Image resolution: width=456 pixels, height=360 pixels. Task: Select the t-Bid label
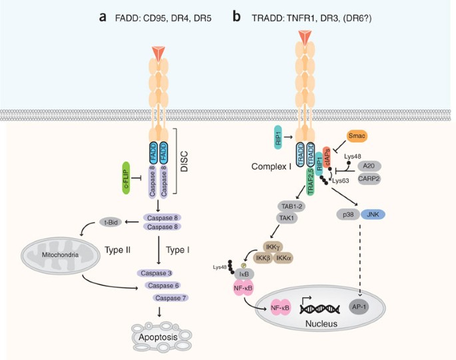[111, 222]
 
